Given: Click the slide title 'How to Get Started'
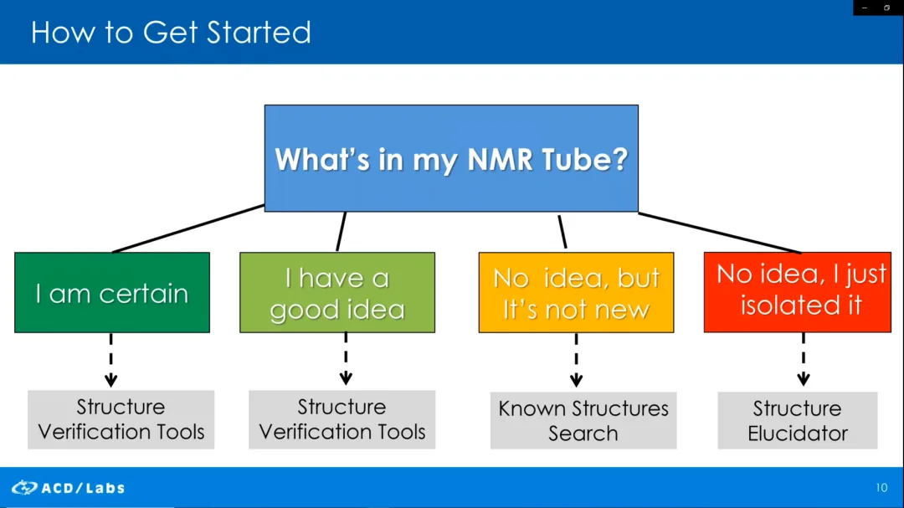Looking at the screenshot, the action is pyautogui.click(x=171, y=33).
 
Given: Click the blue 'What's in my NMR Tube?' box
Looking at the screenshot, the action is pyautogui.click(x=451, y=158).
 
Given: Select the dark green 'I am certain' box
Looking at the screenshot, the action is pyautogui.click(x=112, y=292).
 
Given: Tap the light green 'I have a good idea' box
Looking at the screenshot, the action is pyautogui.click(x=337, y=292).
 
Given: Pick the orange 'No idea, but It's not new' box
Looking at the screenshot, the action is pyautogui.click(x=576, y=292).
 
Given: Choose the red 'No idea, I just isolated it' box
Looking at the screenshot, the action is pyautogui.click(x=798, y=292).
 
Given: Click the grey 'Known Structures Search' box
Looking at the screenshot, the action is pyautogui.click(x=583, y=420).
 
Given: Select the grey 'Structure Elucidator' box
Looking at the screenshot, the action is pyautogui.click(x=798, y=420).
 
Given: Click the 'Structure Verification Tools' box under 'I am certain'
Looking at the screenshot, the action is pyautogui.click(x=121, y=419).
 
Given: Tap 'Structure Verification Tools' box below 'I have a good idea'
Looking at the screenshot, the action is pyautogui.click(x=342, y=419).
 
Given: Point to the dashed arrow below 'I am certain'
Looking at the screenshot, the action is pyautogui.click(x=111, y=360).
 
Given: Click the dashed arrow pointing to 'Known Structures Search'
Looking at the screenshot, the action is pyautogui.click(x=576, y=360).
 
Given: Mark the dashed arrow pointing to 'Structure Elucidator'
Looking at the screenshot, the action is pyautogui.click(x=804, y=360).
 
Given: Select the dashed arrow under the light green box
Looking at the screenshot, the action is pyautogui.click(x=346, y=359).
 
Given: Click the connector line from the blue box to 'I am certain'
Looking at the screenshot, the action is pyautogui.click(x=188, y=228).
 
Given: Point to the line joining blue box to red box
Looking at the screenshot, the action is pyautogui.click(x=720, y=233).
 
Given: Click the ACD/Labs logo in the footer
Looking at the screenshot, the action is pyautogui.click(x=68, y=488).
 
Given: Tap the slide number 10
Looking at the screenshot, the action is pyautogui.click(x=881, y=488).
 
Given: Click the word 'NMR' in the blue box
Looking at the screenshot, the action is pyautogui.click(x=500, y=159).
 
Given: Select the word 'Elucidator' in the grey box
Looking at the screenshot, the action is pyautogui.click(x=798, y=433).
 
